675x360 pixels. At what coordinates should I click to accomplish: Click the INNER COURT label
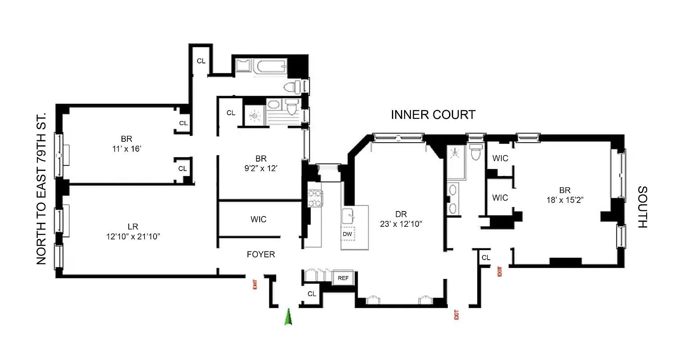coord(433,115)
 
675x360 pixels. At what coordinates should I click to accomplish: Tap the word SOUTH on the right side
coord(642,207)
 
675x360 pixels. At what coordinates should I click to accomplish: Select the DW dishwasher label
coord(347,234)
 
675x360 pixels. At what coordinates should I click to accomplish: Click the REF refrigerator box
coord(343,278)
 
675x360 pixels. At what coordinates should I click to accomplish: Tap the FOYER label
coord(261,255)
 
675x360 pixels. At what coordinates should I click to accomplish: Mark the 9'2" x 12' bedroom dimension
coord(261,171)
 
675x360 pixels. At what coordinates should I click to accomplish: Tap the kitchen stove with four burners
coord(315,198)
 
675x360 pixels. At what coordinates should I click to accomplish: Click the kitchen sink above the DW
coord(349,217)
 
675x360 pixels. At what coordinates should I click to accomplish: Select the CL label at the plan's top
coord(201,61)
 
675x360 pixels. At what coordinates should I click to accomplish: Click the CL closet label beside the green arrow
coord(312,294)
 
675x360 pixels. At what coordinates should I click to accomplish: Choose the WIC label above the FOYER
coord(258,220)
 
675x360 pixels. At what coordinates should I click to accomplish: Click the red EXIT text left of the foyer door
coord(255,284)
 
